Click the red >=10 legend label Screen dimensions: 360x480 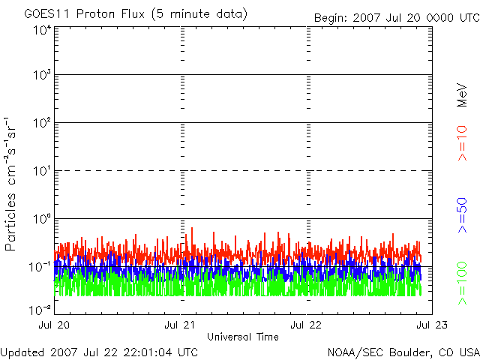[463, 142]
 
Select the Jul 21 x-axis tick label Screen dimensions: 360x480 [179, 325]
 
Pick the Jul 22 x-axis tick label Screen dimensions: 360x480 [305, 325]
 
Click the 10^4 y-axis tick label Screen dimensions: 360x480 [41, 30]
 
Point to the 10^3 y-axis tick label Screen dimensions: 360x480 [41, 75]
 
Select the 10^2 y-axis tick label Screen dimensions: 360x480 [41, 123]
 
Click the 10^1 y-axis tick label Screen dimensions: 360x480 [41, 171]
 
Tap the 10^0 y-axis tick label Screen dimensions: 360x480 [41, 219]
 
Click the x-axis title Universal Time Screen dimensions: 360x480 [241, 337]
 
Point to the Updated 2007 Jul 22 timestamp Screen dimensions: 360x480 [99, 352]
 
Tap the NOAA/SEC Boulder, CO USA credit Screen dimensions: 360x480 [403, 352]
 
